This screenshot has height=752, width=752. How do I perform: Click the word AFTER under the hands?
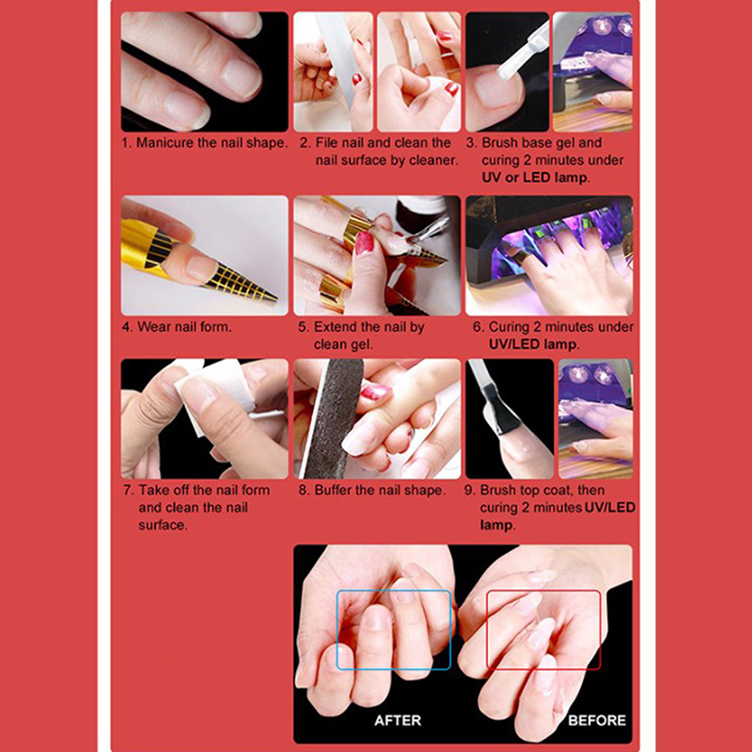398,720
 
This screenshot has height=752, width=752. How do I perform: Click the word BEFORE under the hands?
597,720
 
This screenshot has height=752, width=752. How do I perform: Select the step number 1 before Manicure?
126,143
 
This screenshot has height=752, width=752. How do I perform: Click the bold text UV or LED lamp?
536,178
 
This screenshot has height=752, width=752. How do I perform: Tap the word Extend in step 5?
335,327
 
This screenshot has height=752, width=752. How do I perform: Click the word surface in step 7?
162,525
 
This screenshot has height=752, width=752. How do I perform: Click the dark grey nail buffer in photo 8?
335,418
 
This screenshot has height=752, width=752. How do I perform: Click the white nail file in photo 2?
343,57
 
